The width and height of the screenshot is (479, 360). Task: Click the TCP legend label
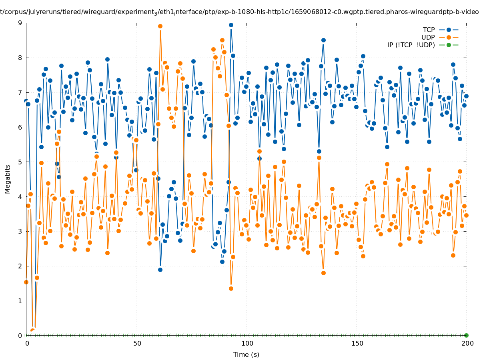pos(429,30)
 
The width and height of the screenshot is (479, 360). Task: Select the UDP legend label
pos(428,37)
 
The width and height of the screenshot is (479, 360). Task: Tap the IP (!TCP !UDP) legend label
pos(411,45)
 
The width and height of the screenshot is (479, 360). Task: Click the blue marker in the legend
pos(449,30)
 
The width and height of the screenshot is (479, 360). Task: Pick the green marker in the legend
pos(449,45)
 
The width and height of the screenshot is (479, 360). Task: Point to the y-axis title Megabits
pos(8,178)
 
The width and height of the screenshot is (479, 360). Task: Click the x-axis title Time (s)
pos(246,354)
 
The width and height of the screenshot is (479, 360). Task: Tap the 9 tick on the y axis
pos(20,23)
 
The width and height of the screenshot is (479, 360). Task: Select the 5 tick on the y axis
pos(20,162)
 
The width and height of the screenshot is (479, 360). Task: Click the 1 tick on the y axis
pos(20,301)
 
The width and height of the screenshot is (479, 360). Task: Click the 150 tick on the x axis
pos(356,343)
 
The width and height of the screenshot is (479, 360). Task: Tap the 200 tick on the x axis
pos(466,343)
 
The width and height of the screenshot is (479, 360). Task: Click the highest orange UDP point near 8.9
pos(160,26)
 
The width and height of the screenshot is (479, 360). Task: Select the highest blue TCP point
pos(231,25)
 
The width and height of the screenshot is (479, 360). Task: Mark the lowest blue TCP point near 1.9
pos(160,270)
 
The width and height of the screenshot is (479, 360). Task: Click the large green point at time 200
pos(466,335)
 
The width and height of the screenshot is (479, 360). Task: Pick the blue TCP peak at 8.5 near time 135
pos(323,40)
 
